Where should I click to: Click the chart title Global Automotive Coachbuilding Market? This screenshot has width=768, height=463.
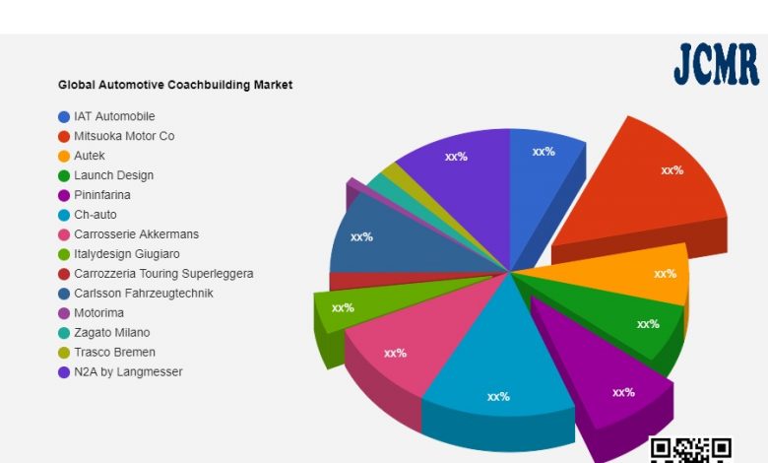coord(175,85)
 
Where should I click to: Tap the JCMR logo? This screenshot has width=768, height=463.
coord(716,65)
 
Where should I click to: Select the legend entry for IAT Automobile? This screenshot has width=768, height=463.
coord(114,116)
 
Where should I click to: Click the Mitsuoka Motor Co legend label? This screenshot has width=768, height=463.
coord(124,136)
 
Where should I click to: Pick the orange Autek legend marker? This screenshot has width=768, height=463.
coord(64,156)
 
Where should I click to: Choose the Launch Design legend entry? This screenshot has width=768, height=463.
coord(113,175)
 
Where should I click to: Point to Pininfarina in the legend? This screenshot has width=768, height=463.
coord(102,195)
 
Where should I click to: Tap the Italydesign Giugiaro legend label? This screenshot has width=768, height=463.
coord(126,254)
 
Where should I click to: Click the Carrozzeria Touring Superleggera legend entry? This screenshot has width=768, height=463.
coord(163,274)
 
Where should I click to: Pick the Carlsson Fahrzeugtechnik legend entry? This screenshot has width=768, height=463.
coord(143,294)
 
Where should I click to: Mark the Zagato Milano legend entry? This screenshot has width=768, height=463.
coord(112,333)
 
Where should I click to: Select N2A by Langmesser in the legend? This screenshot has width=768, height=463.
coord(128,372)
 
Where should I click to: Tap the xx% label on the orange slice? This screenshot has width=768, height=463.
coord(666,274)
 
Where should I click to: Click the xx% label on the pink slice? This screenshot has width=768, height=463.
coord(396,353)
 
